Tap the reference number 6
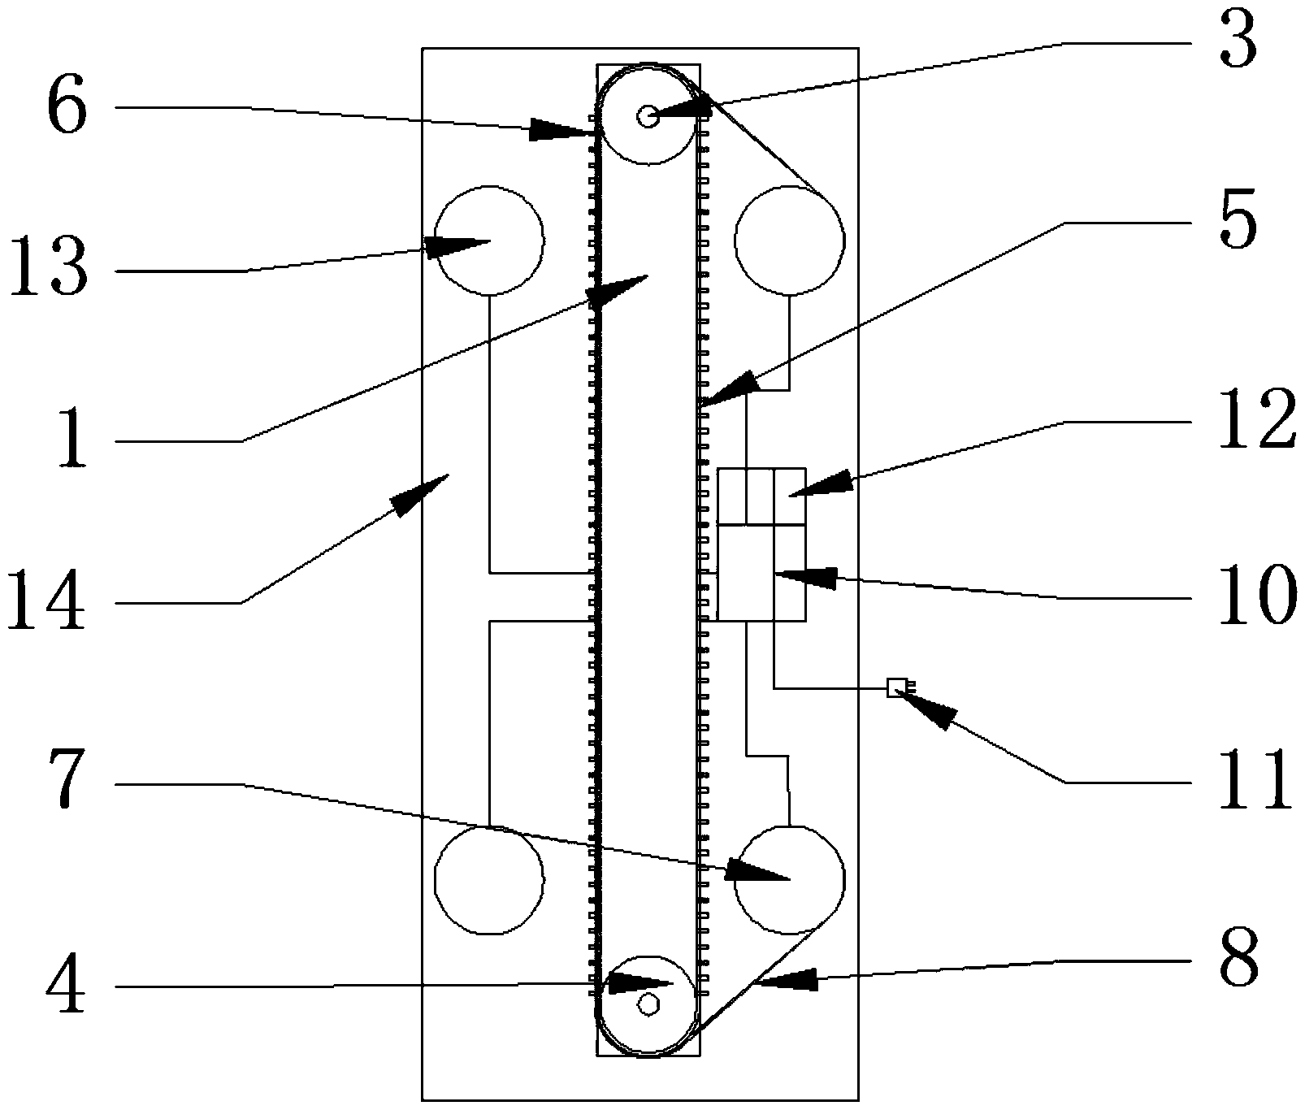66,108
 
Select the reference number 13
47,270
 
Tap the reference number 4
66,988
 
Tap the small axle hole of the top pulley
648,116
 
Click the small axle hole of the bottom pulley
648,1004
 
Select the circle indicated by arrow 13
489,241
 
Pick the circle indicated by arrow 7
789,879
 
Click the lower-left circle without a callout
488,879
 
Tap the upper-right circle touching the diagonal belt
789,241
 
